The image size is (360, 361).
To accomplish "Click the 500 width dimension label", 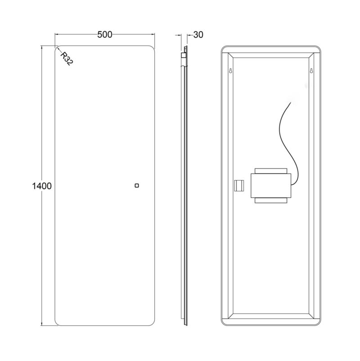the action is [105, 35].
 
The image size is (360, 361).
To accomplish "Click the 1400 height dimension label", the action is [41, 186].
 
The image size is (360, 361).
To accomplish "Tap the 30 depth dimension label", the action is [198, 35].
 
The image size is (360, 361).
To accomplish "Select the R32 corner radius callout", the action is [67, 59].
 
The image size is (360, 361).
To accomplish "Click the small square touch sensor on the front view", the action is [137, 186].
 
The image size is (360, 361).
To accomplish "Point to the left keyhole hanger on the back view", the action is [230, 71].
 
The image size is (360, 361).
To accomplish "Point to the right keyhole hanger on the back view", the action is [311, 71].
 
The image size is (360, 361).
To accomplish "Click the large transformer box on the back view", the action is [271, 186].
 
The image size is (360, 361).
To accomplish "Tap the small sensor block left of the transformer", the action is [239, 186].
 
